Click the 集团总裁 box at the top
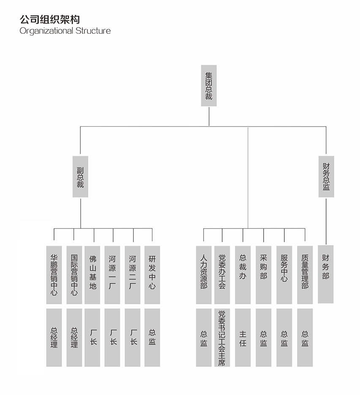point(209,86)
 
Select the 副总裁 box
point(80,176)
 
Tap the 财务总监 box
point(326,176)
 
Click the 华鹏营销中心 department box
point(54,275)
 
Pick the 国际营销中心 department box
point(74,275)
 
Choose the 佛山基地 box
point(93,275)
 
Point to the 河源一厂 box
point(112,275)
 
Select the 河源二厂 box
point(132,275)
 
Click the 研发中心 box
point(152,275)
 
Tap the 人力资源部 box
point(204,275)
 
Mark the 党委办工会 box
point(222,275)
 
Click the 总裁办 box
point(243,275)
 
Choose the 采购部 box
point(263,275)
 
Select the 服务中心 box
point(284,275)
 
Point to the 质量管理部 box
point(305,275)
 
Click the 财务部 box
point(326,274)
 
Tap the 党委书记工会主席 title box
point(222,338)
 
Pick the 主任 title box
point(243,338)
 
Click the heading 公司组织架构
point(50,19)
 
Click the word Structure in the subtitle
point(93,31)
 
